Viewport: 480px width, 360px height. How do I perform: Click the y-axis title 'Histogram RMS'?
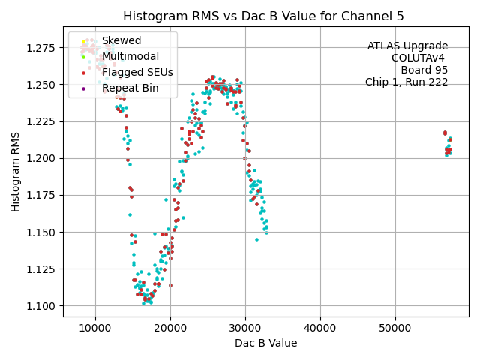coord(16,171)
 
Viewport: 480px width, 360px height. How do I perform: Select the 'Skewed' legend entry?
coord(121,40)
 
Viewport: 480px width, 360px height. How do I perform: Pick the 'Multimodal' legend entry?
coord(130,56)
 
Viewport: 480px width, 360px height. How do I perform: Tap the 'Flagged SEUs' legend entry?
coord(137,72)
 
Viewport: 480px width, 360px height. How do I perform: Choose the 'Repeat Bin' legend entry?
coord(130,88)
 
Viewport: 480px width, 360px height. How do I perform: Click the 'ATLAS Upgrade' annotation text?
coord(407,46)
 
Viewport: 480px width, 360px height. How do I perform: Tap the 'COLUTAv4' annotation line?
coord(419,58)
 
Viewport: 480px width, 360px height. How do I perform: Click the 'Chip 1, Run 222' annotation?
coord(406,82)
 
